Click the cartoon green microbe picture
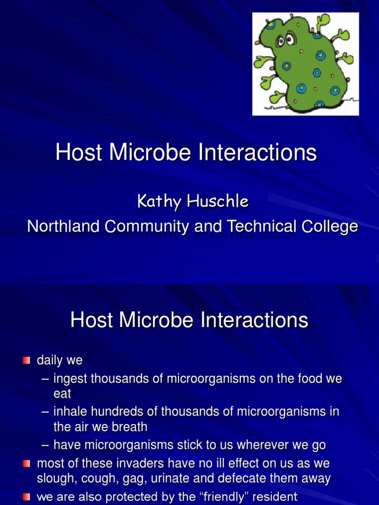305,64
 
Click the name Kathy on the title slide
155,201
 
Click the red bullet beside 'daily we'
27,360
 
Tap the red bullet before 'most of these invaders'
27,464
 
